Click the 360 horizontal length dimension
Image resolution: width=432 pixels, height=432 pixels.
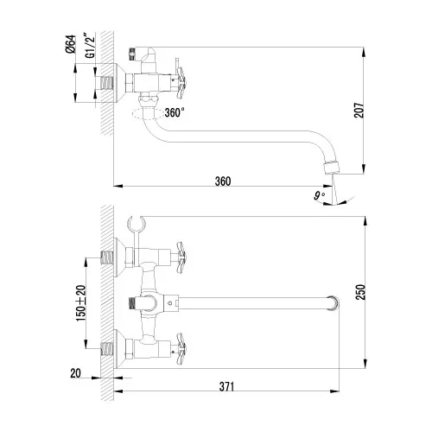coord(223,181)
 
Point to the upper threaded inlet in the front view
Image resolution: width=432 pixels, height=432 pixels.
coord(108,256)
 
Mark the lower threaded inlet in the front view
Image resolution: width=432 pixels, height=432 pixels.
coord(108,349)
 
